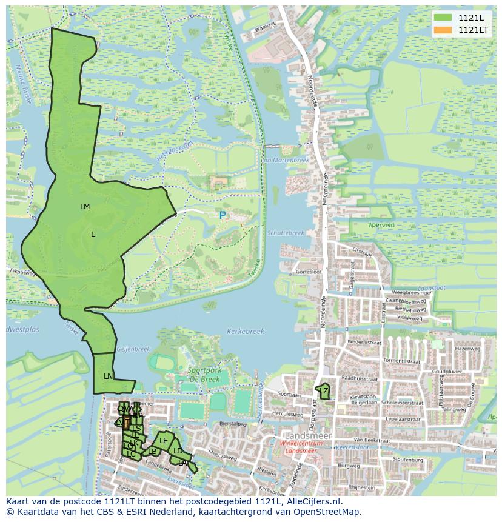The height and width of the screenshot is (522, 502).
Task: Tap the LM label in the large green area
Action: (85, 207)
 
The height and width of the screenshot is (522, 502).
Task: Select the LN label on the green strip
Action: (108, 376)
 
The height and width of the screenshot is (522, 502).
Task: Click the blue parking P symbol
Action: (223, 215)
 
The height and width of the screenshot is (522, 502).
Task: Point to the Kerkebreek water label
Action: (246, 332)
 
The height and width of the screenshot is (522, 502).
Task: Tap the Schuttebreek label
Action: (285, 233)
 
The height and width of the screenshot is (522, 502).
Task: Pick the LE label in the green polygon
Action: (164, 441)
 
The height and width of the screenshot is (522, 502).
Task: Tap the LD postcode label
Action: (178, 451)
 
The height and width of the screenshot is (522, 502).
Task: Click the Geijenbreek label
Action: (133, 349)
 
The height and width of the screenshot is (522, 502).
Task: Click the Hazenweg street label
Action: (467, 349)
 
